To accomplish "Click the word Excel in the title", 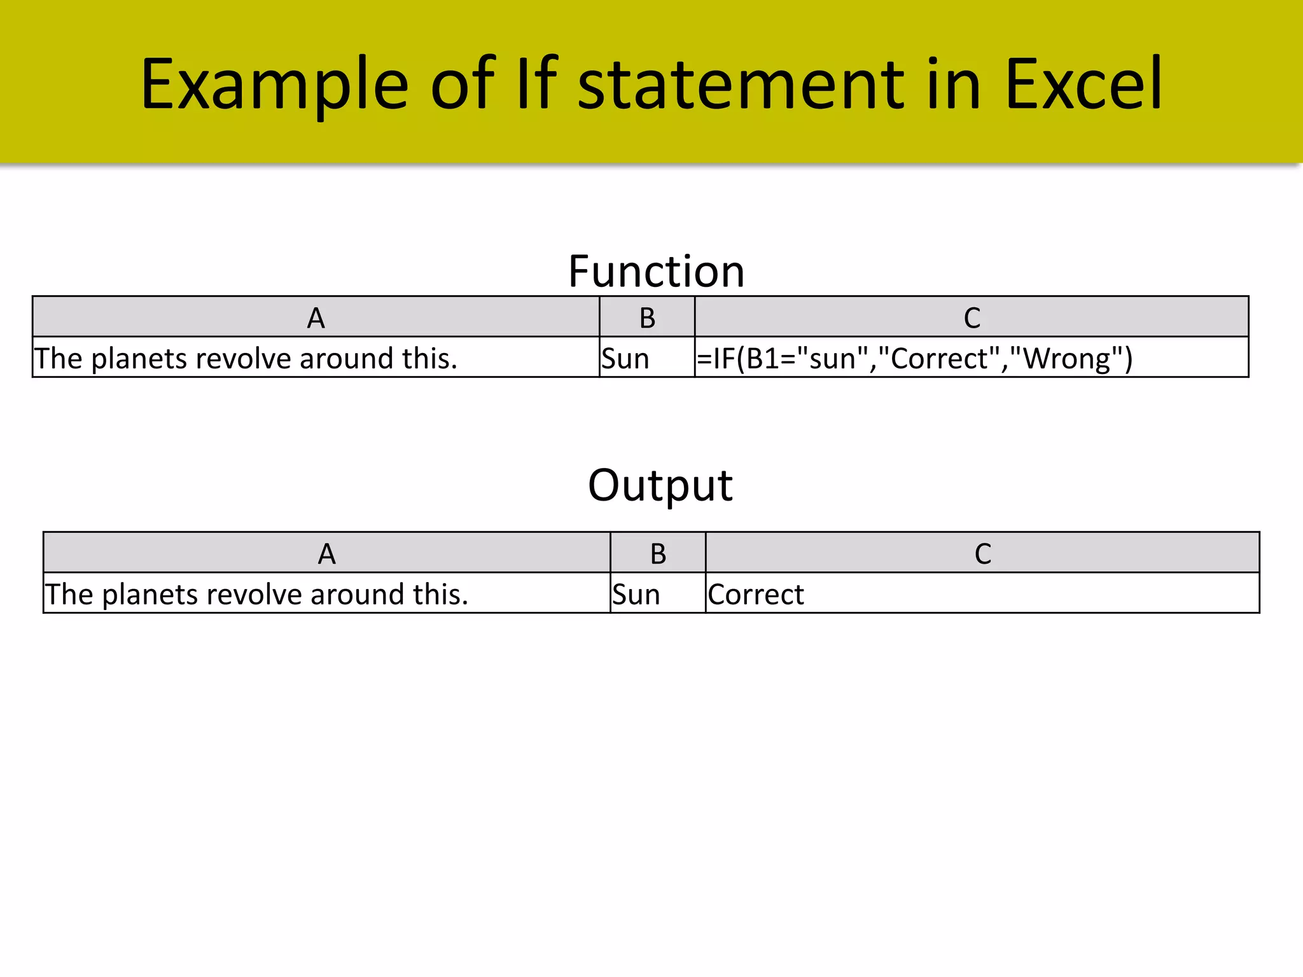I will [x=1084, y=84].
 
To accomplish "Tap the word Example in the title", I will [x=274, y=85].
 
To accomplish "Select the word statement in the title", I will [x=741, y=85].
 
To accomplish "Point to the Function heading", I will [x=656, y=272].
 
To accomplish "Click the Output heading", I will [x=660, y=486].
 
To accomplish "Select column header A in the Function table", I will [x=316, y=317].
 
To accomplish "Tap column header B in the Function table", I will [x=647, y=317].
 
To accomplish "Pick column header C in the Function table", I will [x=972, y=317].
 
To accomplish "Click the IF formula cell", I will [x=915, y=358].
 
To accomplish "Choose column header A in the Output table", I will [x=326, y=553].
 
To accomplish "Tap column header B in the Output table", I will [x=658, y=553].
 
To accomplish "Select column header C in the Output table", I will [x=982, y=553].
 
